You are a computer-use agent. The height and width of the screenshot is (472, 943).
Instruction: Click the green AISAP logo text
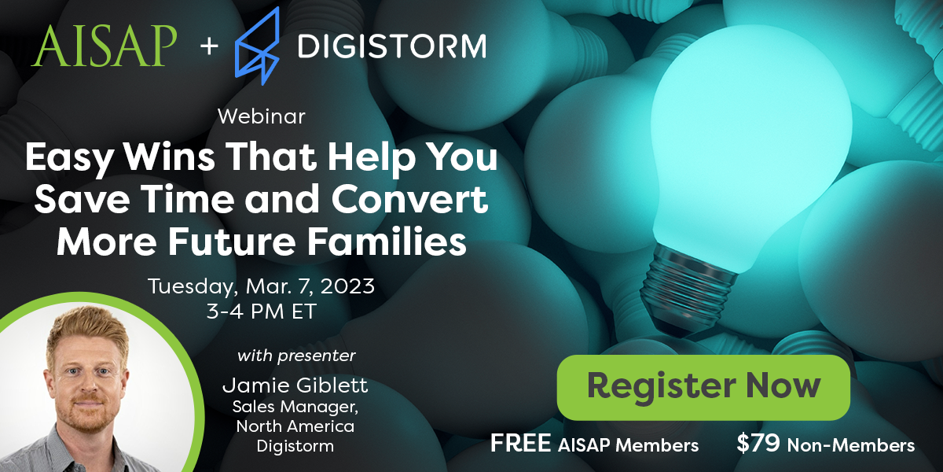[104, 46]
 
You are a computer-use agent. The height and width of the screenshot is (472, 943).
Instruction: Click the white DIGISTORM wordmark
[391, 46]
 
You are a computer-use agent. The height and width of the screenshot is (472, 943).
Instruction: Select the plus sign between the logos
[207, 46]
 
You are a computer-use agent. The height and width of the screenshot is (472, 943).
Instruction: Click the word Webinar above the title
[261, 116]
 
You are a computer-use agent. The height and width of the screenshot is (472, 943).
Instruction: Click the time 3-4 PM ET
[261, 311]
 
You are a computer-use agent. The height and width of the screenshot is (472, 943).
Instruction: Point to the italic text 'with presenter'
[296, 356]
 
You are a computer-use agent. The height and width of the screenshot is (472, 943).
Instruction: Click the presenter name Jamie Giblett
[295, 385]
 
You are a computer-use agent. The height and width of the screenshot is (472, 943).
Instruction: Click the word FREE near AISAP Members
[519, 444]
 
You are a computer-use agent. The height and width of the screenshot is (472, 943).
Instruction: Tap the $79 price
[758, 444]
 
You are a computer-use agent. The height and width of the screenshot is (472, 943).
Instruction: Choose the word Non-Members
[851, 445]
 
